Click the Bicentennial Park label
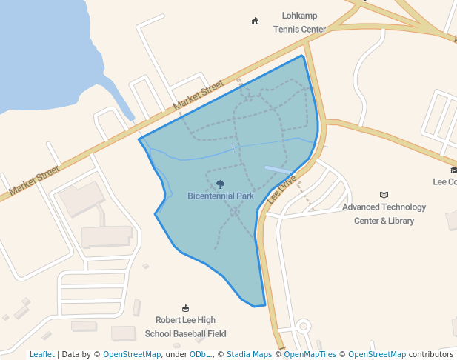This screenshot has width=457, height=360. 220,196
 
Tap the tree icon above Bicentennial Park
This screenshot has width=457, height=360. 220,184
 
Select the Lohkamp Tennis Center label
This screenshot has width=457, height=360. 299,22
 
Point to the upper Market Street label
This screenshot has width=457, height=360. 199,96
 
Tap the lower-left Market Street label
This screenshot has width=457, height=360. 34,181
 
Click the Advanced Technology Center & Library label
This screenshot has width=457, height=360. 384,214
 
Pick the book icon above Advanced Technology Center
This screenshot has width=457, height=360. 384,195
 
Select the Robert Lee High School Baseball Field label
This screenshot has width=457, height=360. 185,327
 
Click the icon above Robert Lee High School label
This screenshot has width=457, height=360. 185,308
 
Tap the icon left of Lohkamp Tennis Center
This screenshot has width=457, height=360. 256,21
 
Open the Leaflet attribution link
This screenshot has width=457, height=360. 42,354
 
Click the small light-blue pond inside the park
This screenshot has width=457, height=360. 278,170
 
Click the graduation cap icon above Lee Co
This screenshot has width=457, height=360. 453,170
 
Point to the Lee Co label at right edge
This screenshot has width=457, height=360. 445,181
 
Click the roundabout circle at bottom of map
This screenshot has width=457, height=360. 304,326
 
